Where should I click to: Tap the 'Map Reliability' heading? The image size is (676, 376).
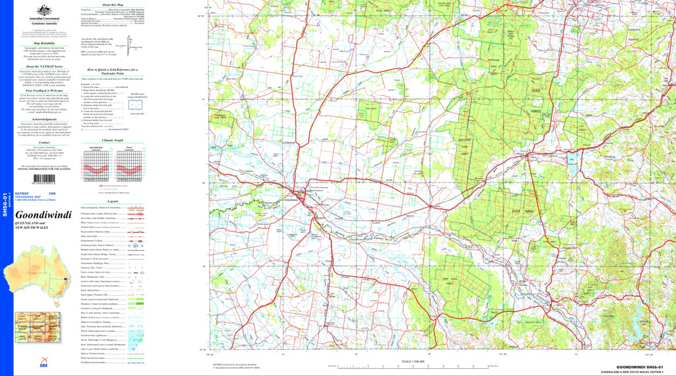point(44,43)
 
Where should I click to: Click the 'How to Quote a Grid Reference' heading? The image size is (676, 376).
point(113,71)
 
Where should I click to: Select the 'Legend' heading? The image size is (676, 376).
point(112,201)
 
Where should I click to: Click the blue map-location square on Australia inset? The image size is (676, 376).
point(66,280)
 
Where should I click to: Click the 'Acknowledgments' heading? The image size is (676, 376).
point(44,119)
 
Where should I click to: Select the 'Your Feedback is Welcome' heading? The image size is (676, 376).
point(44,90)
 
